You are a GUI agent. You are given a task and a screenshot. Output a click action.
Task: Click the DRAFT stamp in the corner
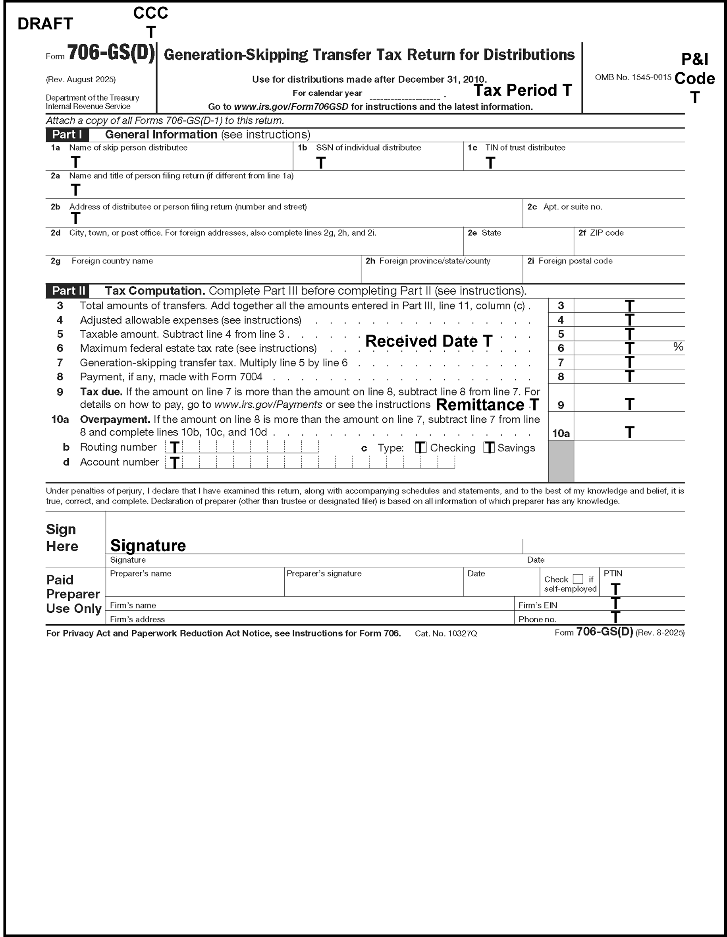point(45,24)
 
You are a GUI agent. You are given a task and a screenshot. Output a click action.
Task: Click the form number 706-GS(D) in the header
point(111,54)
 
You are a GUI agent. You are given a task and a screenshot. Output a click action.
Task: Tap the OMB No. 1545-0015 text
point(633,77)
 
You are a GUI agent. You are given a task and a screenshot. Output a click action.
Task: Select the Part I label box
point(67,135)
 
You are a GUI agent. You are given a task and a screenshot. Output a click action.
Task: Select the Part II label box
point(68,291)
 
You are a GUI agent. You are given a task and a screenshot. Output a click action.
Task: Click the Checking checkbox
point(420,447)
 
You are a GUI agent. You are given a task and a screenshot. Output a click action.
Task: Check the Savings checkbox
point(489,447)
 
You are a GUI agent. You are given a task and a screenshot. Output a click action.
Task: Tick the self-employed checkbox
point(578,579)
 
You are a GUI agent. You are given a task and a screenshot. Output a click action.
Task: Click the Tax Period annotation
point(522,90)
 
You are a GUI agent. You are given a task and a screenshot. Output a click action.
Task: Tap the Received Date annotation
point(428,341)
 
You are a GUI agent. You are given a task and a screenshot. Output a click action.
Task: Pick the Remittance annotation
point(486,405)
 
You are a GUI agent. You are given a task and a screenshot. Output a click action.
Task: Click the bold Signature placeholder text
point(148,545)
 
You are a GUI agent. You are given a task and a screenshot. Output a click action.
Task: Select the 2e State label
point(484,233)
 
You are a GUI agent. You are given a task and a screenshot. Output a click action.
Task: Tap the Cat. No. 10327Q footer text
point(446,633)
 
